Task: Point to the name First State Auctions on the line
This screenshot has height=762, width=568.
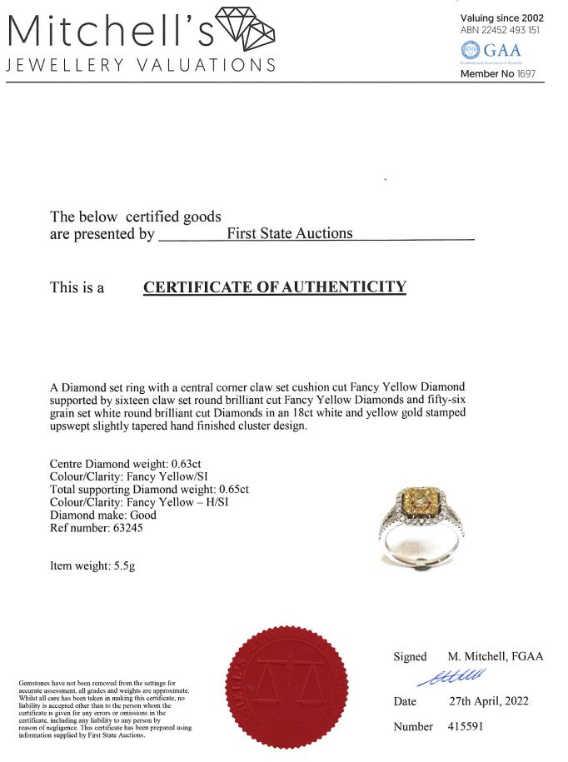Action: point(289,233)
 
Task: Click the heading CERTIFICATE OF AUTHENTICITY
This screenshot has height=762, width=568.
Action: point(275,287)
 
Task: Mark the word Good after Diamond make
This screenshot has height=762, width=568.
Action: point(142,515)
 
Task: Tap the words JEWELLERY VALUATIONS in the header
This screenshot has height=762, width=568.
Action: point(141,65)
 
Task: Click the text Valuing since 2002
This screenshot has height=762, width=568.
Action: point(501,17)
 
